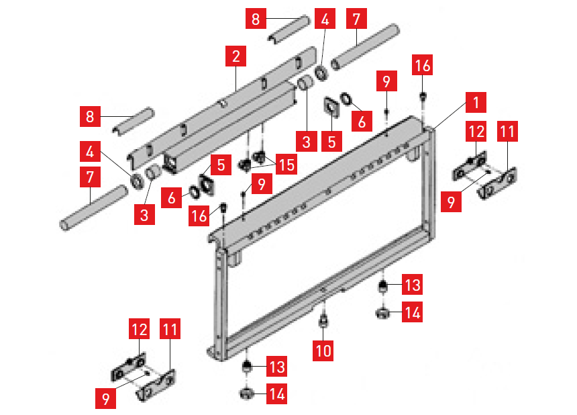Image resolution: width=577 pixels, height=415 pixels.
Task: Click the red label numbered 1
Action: pos(476,102)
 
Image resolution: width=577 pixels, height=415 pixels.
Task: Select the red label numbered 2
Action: pos(236,56)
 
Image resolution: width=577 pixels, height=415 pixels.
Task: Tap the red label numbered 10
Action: pos(323,350)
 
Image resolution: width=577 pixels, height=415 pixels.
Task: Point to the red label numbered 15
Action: pos(286,165)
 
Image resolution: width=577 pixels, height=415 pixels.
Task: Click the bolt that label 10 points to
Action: pos(323,320)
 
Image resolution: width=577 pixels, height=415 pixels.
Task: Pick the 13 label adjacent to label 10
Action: pos(412,285)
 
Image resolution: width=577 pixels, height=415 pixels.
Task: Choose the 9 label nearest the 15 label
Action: pos(262,183)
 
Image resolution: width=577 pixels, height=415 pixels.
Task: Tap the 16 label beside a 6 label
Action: pos(199,216)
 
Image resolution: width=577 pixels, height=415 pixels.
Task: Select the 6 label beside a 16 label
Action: pos(172,197)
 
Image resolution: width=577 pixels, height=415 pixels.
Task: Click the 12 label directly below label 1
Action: pos(476,131)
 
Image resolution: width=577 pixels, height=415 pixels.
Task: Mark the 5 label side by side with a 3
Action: pos(331,142)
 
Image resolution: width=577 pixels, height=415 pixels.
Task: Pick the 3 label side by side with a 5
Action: pos(307,142)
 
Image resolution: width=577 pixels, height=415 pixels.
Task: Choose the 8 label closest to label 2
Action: pos(256,18)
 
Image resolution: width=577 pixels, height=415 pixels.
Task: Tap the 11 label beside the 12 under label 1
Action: pos(507,131)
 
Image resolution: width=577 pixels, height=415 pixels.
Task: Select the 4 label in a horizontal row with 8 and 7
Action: pos(325,18)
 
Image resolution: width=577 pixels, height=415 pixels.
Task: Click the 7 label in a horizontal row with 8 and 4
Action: pos(356,18)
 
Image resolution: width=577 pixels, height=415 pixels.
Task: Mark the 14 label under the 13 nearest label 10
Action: pos(412,312)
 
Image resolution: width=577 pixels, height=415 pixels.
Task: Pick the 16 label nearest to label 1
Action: pos(423,65)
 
